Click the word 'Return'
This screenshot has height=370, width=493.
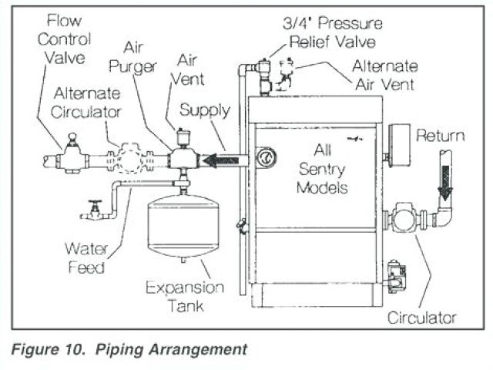click(x=440, y=136)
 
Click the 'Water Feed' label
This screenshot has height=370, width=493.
click(x=85, y=257)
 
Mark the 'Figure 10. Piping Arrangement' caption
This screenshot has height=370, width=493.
click(x=129, y=349)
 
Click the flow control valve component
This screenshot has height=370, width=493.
click(x=72, y=158)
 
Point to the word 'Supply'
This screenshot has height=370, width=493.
click(x=204, y=110)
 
